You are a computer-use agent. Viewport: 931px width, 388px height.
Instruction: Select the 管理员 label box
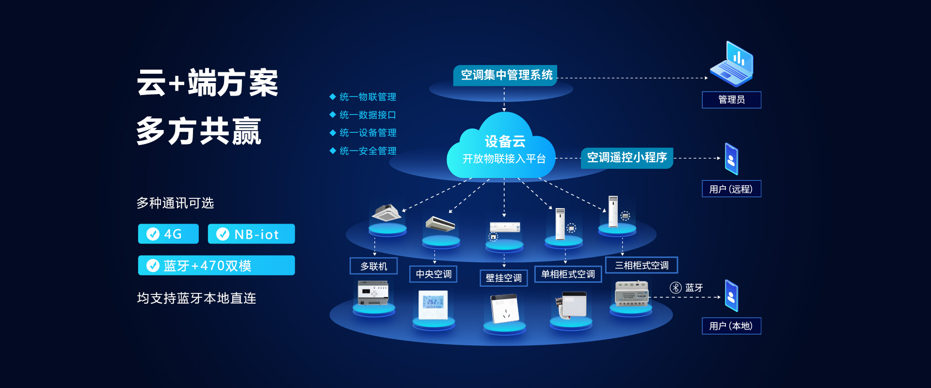coord(731,100)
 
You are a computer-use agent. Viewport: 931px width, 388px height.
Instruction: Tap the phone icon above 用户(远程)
coord(731,159)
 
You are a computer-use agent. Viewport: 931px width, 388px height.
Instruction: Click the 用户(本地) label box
coord(731,326)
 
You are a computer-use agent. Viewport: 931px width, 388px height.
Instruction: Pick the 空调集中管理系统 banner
coord(505,75)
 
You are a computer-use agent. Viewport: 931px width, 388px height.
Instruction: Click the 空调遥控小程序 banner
coord(626,158)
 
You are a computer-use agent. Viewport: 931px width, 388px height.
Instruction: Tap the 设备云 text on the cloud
coord(505,141)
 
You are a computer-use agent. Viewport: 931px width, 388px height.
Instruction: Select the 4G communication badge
coord(168,234)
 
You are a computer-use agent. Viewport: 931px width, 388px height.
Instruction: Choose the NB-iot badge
coord(251,234)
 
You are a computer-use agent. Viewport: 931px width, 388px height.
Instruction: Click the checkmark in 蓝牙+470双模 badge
coord(153,266)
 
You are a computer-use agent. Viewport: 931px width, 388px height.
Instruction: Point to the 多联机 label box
coord(373,266)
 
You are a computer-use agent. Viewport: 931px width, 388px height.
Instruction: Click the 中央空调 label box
coord(433,274)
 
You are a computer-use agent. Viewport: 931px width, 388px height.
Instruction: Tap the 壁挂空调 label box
coord(503,278)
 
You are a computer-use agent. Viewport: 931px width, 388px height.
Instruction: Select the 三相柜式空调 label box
coord(641,265)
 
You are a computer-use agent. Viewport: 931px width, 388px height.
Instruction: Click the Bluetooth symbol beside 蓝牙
coord(675,288)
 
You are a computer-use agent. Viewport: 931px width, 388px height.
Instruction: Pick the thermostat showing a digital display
coord(433,304)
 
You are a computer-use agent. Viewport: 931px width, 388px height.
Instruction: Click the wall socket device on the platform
coord(504,309)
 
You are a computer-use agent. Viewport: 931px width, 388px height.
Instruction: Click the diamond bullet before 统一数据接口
coord(333,115)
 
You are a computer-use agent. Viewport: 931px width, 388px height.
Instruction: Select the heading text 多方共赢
coord(199,131)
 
